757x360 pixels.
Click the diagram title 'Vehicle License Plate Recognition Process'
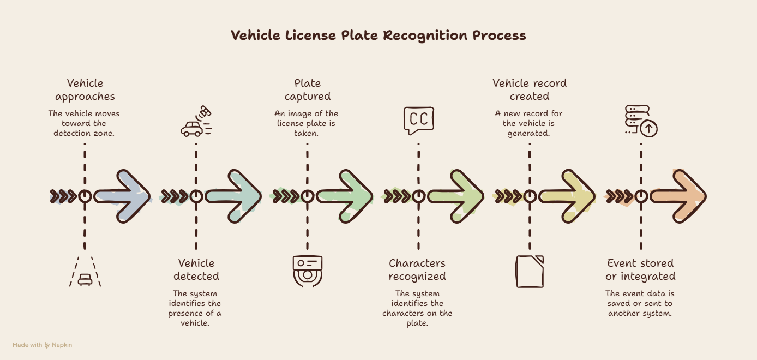[x=378, y=35]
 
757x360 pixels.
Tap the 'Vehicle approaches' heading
[x=85, y=89]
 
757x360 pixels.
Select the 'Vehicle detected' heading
[x=196, y=269]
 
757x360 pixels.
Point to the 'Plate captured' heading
[x=307, y=89]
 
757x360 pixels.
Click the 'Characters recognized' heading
[x=417, y=269]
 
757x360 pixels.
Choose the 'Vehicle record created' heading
[x=529, y=89]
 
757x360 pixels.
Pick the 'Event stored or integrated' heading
[x=640, y=269]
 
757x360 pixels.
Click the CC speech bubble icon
[x=419, y=121]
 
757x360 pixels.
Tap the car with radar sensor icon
[x=196, y=121]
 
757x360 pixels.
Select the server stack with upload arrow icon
[x=641, y=121]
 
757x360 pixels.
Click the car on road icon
[x=85, y=272]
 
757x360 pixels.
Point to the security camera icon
[x=308, y=271]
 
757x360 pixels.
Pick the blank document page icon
[x=530, y=272]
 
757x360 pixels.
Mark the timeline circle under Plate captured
[x=307, y=196]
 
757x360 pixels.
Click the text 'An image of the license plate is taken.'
[x=306, y=123]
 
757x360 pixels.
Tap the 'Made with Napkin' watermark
[x=42, y=345]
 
